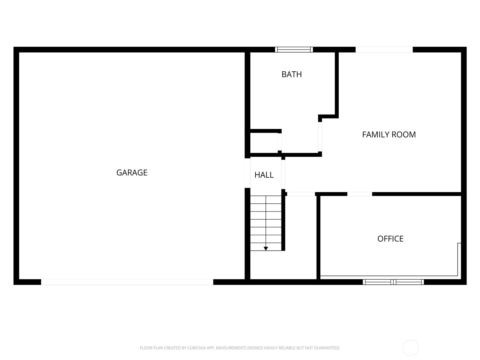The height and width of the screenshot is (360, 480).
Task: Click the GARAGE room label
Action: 132,172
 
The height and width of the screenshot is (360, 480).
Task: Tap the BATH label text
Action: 292,74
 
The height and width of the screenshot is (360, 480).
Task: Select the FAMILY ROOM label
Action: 389,134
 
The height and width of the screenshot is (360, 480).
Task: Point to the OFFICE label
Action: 390,239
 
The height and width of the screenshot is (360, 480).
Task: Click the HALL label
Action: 264,175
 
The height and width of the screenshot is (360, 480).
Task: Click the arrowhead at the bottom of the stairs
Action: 266,249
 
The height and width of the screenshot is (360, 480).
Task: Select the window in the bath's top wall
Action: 294,49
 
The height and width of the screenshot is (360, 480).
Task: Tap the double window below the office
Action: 393,282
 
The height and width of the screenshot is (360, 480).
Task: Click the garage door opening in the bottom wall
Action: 127,282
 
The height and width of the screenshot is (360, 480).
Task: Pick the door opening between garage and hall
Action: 247,173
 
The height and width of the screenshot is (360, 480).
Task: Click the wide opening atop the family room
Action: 384,49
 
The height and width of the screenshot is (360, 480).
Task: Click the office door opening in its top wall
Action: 360,194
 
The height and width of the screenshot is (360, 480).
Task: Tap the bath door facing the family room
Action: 320,136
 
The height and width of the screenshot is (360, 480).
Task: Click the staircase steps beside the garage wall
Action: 266,222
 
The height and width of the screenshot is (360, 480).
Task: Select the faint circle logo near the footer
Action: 410,348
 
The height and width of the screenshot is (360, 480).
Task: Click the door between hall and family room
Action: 283,175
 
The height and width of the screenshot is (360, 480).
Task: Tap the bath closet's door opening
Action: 280,142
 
